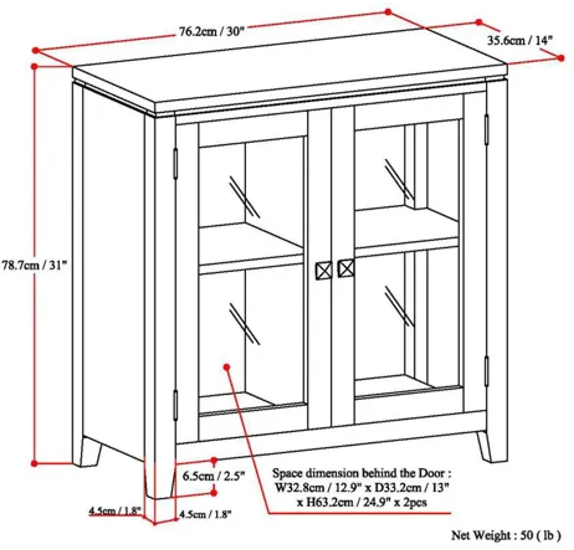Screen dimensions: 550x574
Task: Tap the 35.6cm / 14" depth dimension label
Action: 520,40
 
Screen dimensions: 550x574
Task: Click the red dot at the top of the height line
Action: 35,67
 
